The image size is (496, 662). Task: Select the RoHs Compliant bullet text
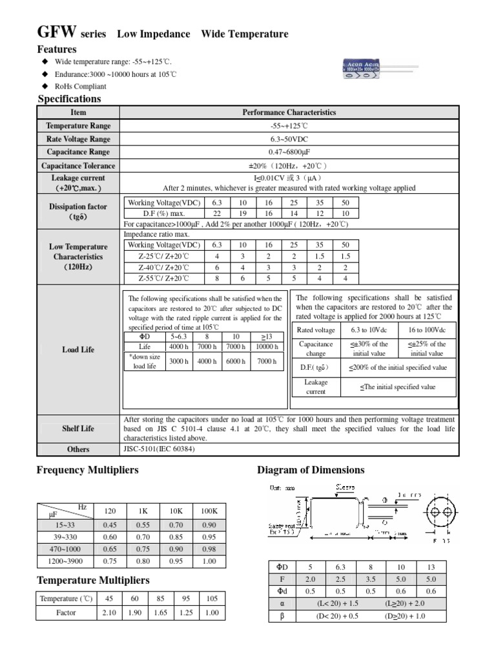click(x=81, y=86)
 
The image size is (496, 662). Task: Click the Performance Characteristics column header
click(x=289, y=112)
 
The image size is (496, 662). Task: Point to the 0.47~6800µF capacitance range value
click(x=289, y=152)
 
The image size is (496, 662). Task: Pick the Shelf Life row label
click(x=78, y=428)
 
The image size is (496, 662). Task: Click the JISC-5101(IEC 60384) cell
click(x=160, y=449)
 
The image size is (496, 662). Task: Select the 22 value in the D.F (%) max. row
click(x=216, y=213)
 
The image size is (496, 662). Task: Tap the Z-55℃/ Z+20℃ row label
click(x=163, y=278)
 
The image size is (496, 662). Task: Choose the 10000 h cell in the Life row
click(x=267, y=347)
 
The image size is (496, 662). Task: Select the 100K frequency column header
click(x=209, y=511)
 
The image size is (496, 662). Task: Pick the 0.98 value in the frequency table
click(x=209, y=550)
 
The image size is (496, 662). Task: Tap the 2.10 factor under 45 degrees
click(x=109, y=612)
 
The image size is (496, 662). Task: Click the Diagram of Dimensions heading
click(x=311, y=470)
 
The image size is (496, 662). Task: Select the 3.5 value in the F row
click(x=370, y=579)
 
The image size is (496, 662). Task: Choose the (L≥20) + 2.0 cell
click(x=405, y=603)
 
